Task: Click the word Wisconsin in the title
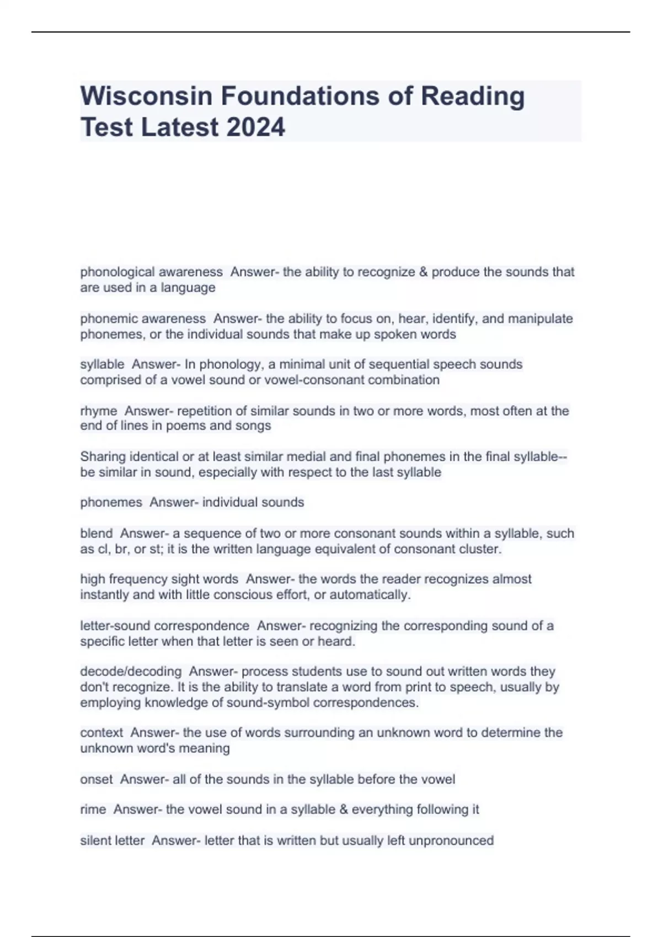coord(146,96)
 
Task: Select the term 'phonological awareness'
coord(151,272)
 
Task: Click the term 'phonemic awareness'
coord(143,319)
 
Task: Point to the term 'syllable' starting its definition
coord(102,364)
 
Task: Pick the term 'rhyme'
coord(99,411)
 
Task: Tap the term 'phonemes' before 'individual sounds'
coord(111,502)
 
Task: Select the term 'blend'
coord(97,533)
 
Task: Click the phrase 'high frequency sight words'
coord(159,579)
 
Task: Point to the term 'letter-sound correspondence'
coord(164,626)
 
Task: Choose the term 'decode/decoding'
coord(131,671)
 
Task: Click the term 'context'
coord(102,733)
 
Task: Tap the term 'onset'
coord(97,779)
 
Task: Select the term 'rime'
coord(93,809)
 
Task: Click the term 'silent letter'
coord(113,841)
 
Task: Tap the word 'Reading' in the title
coord(473,96)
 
